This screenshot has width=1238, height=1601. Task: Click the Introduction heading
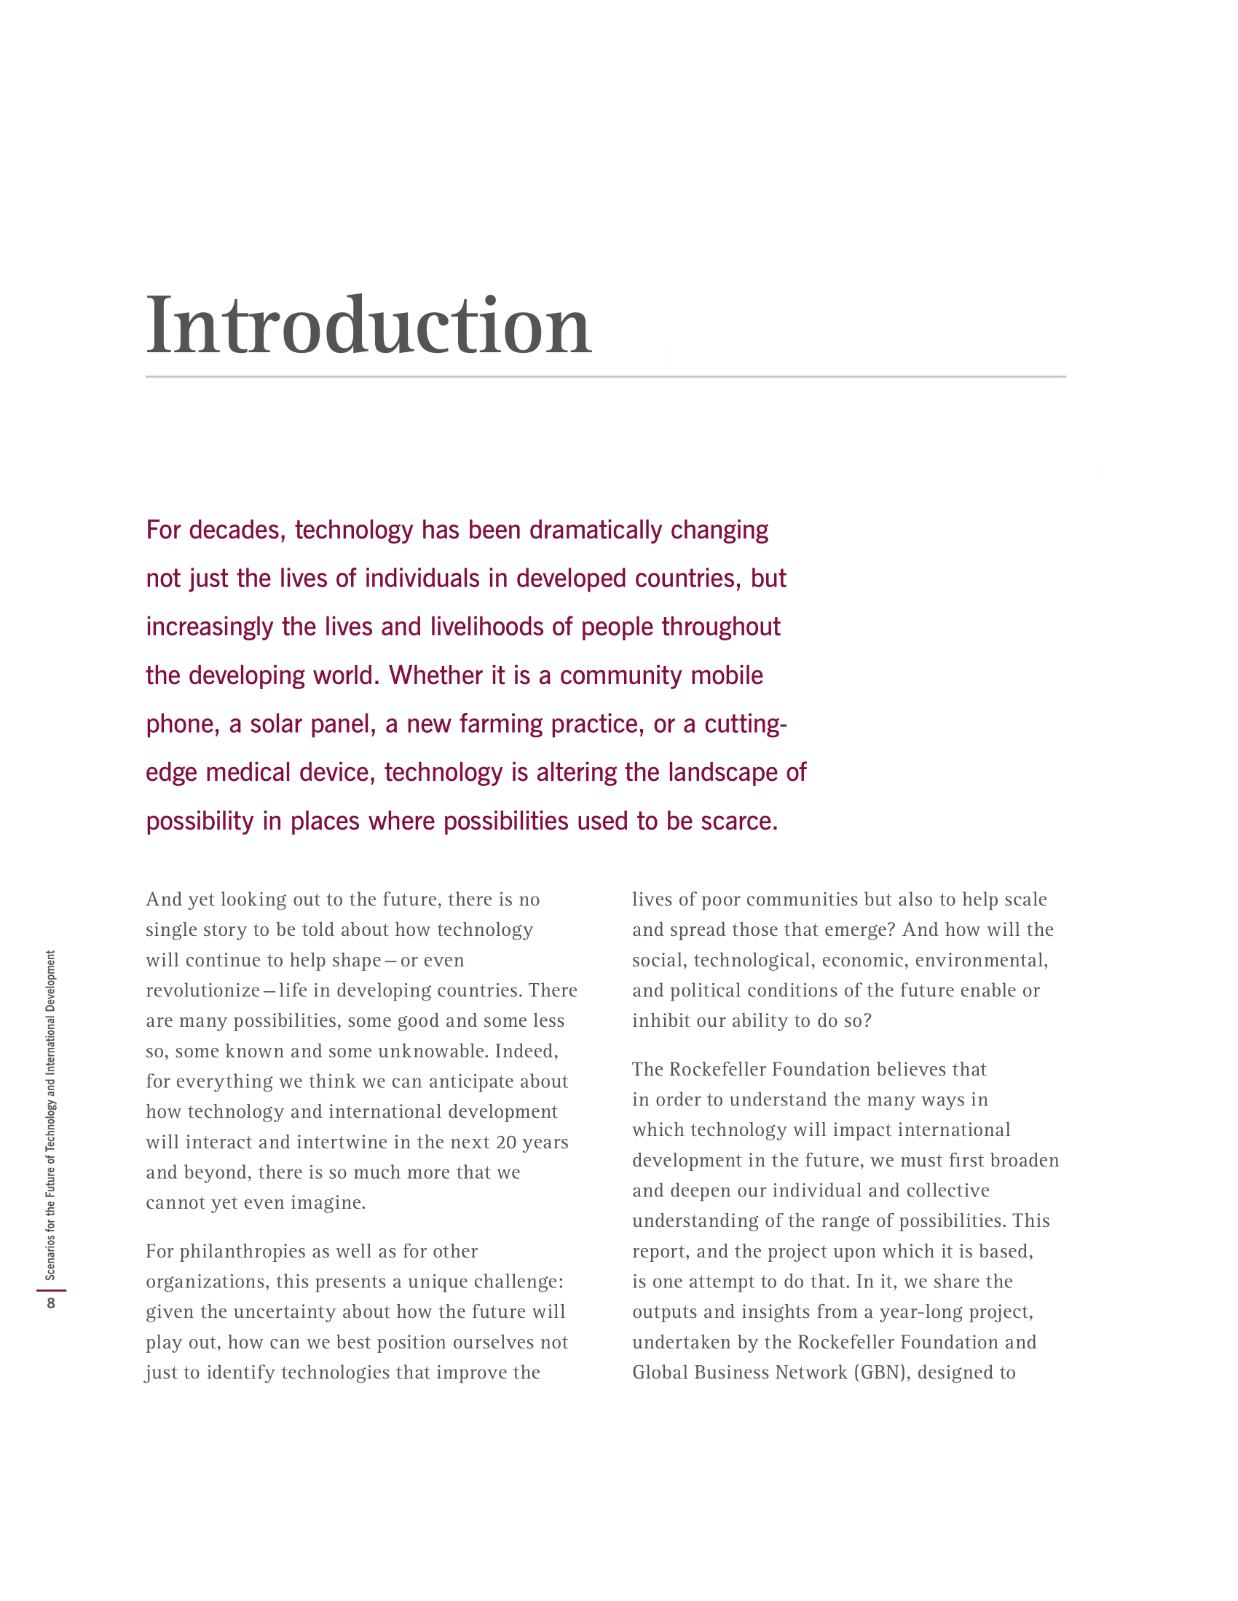click(368, 325)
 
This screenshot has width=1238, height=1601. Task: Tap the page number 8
click(50, 1303)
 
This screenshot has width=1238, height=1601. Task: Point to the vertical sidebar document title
click(50, 1115)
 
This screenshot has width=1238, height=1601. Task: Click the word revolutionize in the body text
click(202, 990)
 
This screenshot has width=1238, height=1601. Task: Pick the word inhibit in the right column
click(657, 1020)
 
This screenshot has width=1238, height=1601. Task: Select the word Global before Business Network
click(660, 1372)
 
